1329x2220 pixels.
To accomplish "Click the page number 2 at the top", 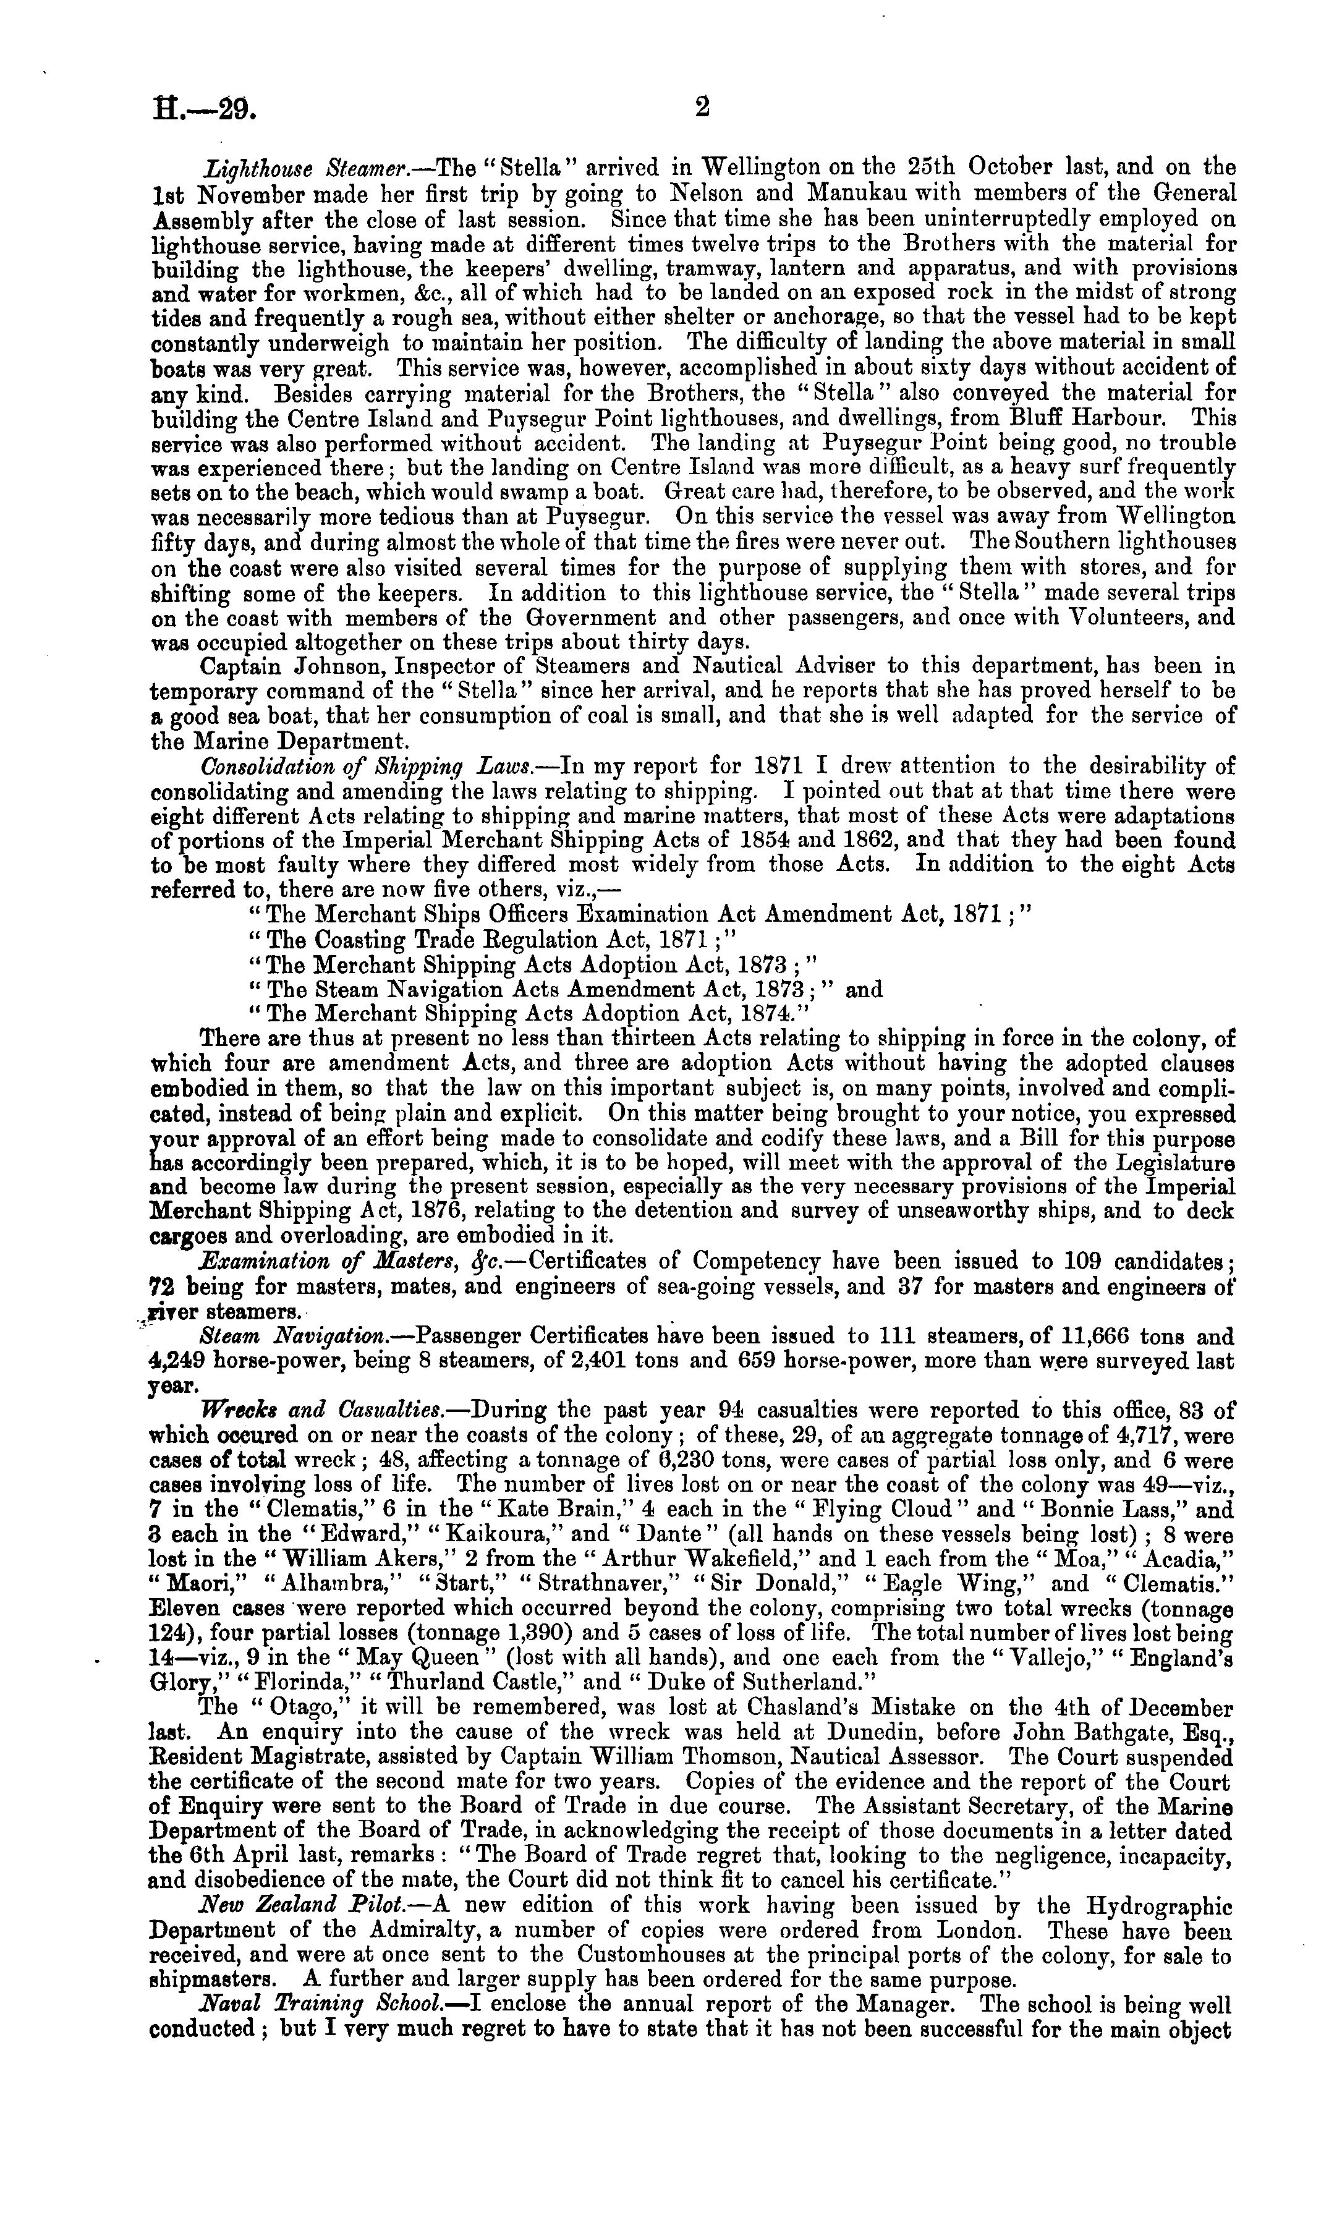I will point(701,108).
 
